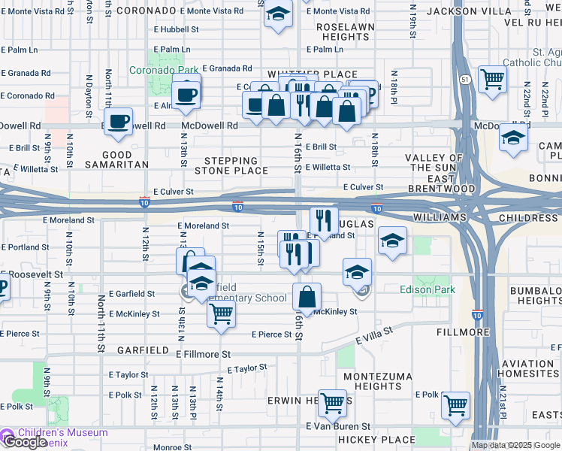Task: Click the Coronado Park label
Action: [163, 70]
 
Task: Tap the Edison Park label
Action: [427, 289]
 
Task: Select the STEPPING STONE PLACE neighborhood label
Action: [231, 165]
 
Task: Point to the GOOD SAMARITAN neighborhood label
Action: [116, 159]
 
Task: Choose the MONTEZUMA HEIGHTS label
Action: [373, 380]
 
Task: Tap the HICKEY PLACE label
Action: [372, 439]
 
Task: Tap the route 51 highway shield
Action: [466, 79]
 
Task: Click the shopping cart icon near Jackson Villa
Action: [492, 77]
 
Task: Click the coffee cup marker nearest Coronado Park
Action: [186, 95]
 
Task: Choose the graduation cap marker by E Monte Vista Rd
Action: [279, 15]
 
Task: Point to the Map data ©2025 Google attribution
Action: [515, 445]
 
